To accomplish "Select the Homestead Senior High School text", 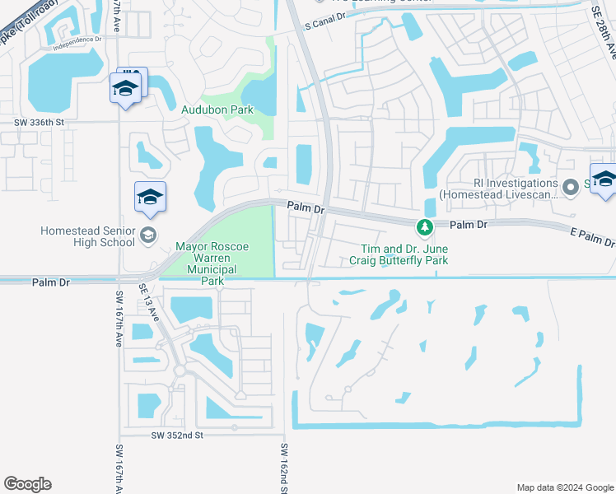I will coord(87,236).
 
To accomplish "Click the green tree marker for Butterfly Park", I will coord(425,226).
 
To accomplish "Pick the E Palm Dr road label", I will coord(591,238).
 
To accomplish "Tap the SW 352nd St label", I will coord(177,435).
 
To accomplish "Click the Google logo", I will coord(27,484).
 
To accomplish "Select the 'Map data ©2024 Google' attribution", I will coord(564,487).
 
